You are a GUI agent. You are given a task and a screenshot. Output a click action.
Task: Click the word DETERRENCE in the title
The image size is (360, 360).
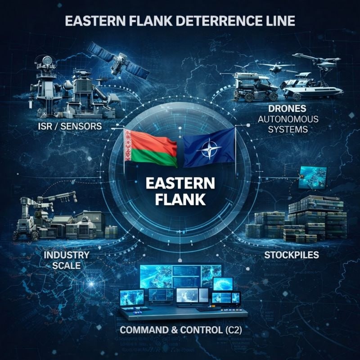(212, 22)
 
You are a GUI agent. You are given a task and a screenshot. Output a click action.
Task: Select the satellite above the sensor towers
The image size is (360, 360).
(117, 58)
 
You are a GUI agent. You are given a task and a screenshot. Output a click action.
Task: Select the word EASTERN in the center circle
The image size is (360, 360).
(180, 185)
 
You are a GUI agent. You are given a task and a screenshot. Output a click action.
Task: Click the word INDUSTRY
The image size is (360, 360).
(66, 256)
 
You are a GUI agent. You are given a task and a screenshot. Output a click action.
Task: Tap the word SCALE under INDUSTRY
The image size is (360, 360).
(66, 266)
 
